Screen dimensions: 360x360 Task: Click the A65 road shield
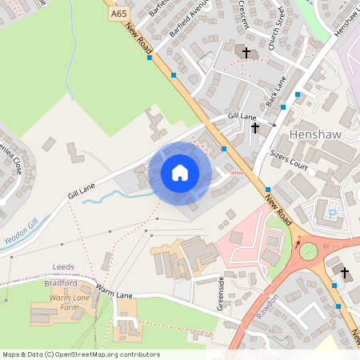[x=118, y=14]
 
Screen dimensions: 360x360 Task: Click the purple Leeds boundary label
[x=63, y=267]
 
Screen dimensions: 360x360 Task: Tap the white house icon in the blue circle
[x=180, y=172]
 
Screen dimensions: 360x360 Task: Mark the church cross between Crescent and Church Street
[x=246, y=53]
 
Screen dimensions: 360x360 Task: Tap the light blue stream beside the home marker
[x=120, y=194]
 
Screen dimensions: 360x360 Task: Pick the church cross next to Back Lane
[x=255, y=127]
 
